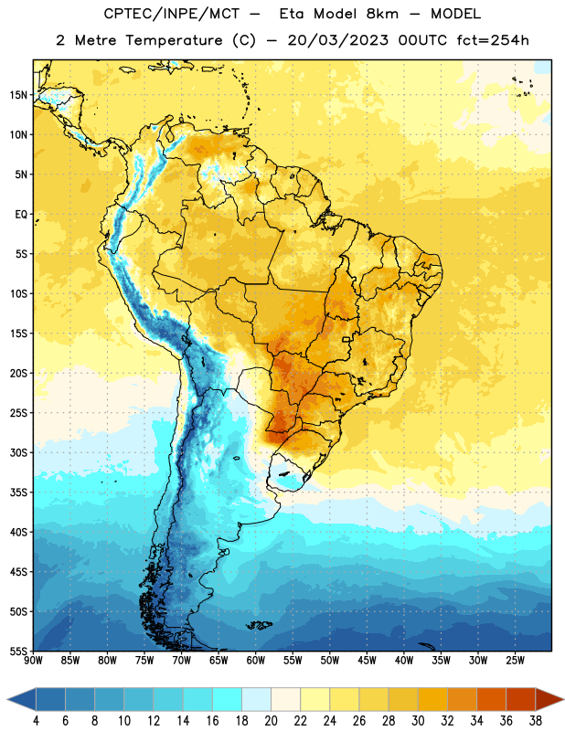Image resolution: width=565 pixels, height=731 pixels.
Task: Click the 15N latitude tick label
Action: [18, 95]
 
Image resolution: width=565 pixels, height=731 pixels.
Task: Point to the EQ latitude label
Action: [21, 215]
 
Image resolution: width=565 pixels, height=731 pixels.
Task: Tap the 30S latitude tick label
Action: [18, 452]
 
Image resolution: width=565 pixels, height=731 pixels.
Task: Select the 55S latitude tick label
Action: [18, 651]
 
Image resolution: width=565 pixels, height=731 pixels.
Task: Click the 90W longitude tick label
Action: [33, 661]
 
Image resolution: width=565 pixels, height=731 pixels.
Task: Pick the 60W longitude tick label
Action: [256, 661]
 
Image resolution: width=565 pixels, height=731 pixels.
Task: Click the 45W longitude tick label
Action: [367, 661]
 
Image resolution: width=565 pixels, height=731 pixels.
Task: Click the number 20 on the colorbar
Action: [271, 721]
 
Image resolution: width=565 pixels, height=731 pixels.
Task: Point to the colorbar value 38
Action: [535, 721]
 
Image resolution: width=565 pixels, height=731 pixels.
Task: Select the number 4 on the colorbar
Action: [36, 721]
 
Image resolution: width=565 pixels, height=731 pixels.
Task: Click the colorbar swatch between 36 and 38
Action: [521, 699]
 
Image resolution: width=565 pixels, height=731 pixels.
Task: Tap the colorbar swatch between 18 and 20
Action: [257, 699]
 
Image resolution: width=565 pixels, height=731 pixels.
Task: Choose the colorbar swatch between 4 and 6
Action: [51, 699]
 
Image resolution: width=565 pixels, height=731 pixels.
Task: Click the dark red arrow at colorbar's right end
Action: [549, 699]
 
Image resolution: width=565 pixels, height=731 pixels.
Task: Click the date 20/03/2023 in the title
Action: [337, 40]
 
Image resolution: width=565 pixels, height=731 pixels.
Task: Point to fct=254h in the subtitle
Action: [493, 40]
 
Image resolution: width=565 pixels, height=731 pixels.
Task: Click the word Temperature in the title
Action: [174, 40]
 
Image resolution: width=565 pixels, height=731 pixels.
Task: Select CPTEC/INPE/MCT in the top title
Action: [172, 14]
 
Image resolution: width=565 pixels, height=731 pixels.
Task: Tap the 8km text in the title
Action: [382, 14]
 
